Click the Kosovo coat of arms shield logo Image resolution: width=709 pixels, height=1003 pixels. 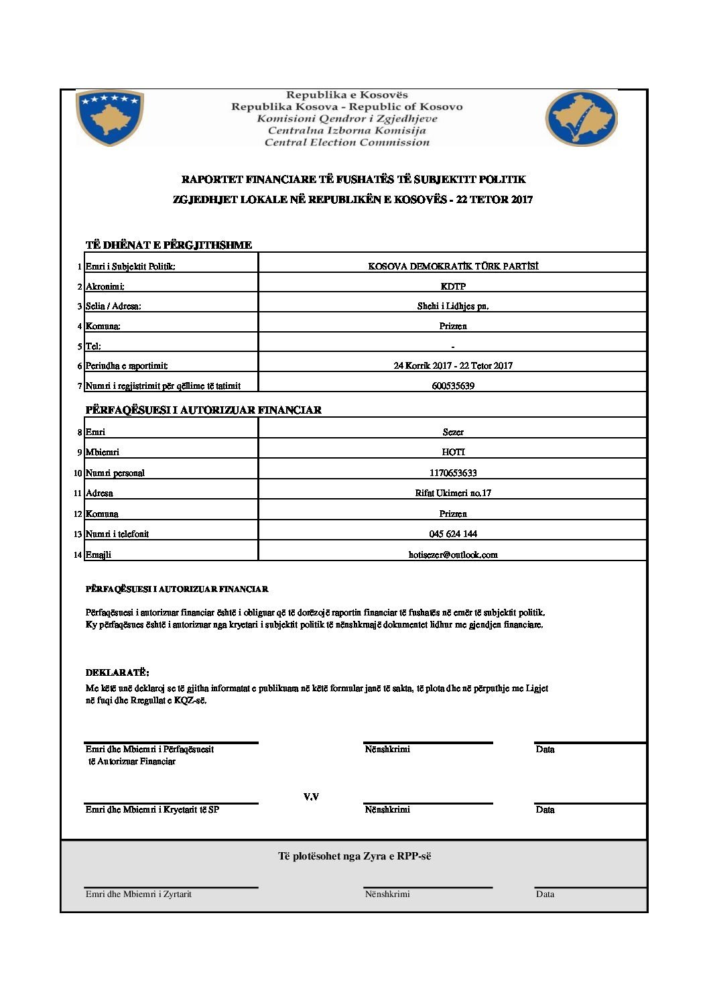tap(110, 118)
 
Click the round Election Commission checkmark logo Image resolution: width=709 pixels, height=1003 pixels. tap(581, 119)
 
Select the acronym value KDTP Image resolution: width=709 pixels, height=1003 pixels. tap(453, 286)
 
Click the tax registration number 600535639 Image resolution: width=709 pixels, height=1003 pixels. tap(453, 386)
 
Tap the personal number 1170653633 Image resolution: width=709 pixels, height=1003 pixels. tap(453, 473)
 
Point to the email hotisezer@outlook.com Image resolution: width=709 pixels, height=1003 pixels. tap(453, 555)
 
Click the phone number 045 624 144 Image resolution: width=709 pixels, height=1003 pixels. tap(453, 534)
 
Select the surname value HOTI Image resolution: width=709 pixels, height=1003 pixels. tap(453, 453)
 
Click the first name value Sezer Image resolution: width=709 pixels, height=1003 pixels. tap(453, 432)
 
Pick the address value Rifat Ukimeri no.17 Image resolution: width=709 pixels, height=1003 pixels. tap(453, 493)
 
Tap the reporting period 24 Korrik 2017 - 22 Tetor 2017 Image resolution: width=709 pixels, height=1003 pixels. tap(453, 366)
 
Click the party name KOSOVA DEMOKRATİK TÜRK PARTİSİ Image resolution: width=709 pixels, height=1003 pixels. tap(453, 266)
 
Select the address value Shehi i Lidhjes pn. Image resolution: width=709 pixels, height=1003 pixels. tap(453, 306)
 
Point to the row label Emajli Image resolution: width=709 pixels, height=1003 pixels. tap(99, 555)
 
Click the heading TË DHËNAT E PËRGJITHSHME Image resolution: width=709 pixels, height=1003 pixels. tap(168, 245)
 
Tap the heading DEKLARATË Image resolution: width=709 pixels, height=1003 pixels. tap(117, 672)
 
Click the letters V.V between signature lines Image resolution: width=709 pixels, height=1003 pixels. tap(311, 797)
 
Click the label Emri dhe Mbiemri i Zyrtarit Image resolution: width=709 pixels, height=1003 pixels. tap(139, 894)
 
